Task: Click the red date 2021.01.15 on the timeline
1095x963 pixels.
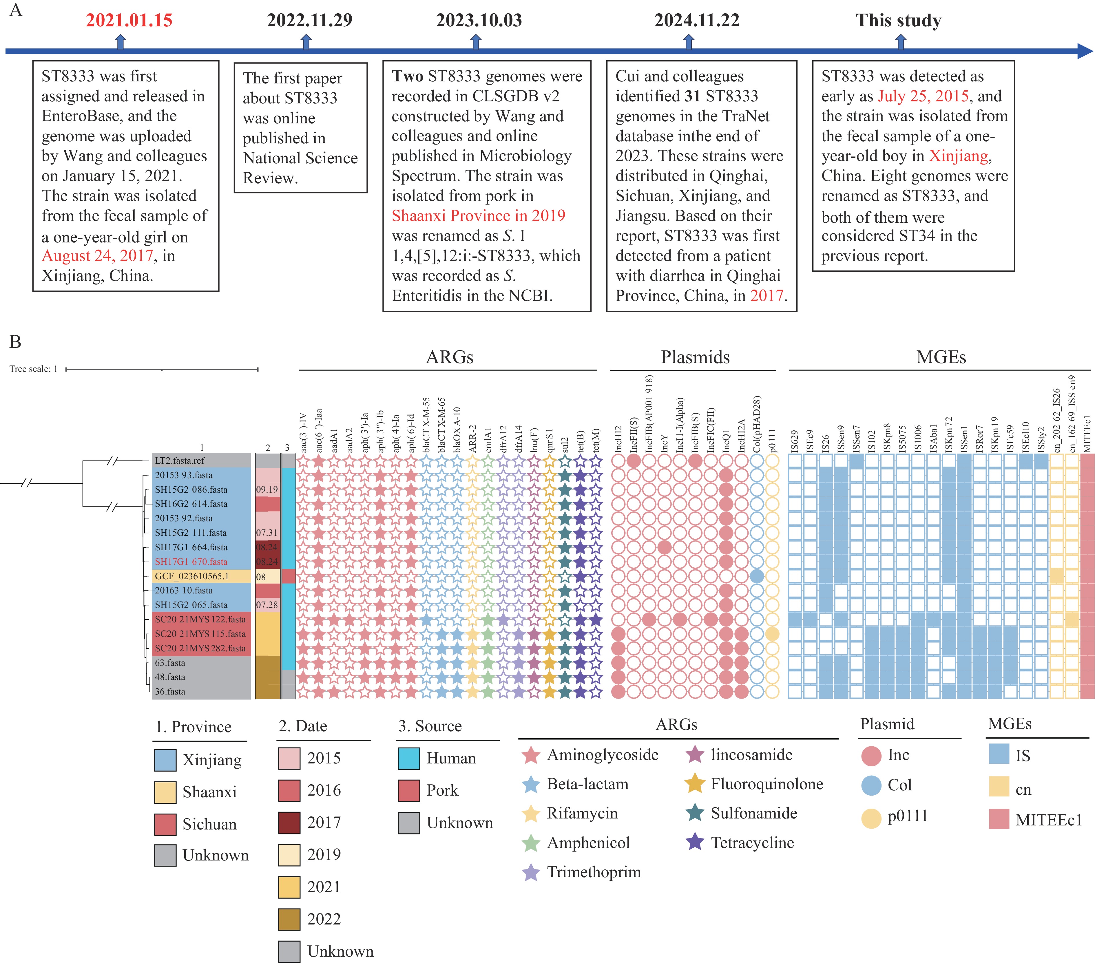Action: click(x=129, y=20)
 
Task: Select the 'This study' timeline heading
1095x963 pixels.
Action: click(x=898, y=20)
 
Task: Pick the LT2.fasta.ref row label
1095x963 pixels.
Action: click(x=180, y=461)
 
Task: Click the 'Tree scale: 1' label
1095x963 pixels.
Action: click(x=33, y=369)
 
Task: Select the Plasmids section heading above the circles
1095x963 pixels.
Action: click(x=695, y=357)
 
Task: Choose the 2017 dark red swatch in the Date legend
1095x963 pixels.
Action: click(x=289, y=823)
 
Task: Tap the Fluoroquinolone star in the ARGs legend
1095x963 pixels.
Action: click(x=695, y=783)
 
